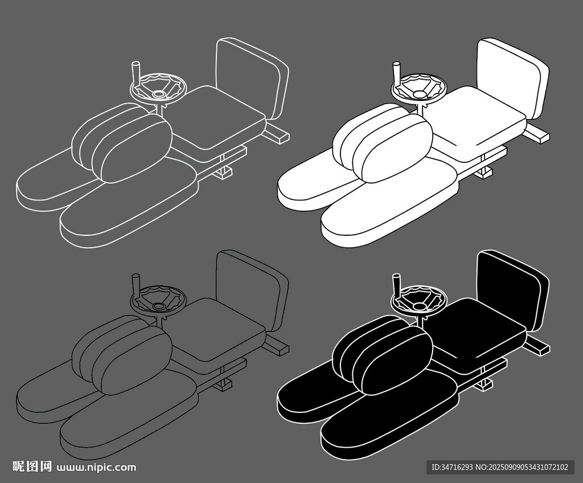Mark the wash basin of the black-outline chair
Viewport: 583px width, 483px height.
[158, 300]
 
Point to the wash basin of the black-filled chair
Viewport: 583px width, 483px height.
[420, 300]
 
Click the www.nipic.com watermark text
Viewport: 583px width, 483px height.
[97, 468]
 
